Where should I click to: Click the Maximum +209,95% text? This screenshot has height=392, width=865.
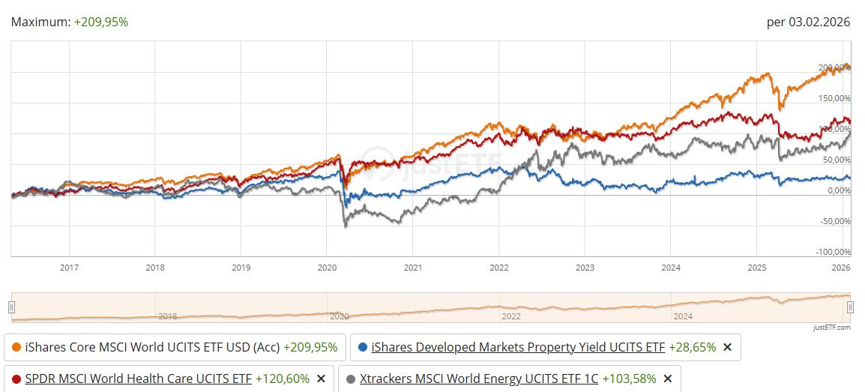click(x=70, y=22)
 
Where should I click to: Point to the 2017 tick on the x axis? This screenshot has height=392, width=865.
click(x=69, y=268)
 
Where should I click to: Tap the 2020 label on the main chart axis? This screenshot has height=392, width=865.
click(x=327, y=268)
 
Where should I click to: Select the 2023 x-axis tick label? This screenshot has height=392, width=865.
click(x=585, y=268)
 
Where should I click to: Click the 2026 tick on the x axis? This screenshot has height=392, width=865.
click(x=841, y=268)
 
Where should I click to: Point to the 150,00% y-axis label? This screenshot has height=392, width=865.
click(x=834, y=98)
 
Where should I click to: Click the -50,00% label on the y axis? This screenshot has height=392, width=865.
click(x=834, y=221)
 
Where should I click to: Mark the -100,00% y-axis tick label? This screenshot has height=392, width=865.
click(x=832, y=252)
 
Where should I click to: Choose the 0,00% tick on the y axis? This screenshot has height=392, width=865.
click(x=837, y=190)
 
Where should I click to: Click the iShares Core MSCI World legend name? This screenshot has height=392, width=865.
click(x=152, y=348)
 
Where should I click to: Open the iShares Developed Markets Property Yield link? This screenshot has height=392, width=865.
click(x=518, y=348)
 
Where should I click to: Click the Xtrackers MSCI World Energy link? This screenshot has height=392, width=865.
click(x=479, y=379)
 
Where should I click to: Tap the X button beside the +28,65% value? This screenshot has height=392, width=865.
click(x=726, y=348)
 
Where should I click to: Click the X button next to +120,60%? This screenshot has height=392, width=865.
click(x=321, y=379)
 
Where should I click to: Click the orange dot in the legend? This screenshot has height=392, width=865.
click(x=16, y=348)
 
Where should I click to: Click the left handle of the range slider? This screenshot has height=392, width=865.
click(x=11, y=307)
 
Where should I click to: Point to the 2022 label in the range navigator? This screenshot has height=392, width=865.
click(x=511, y=316)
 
